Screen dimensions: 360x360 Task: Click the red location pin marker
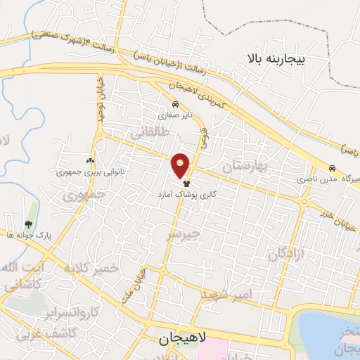pos(181,166)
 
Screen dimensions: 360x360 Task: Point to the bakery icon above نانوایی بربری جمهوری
pos(89,160)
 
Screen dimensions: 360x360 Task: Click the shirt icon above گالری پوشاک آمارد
pos(186,183)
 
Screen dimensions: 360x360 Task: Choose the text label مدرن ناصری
pos(311,179)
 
